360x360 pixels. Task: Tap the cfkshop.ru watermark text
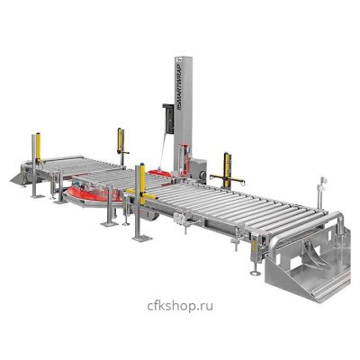(180, 306)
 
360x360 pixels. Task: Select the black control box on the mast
(168, 119)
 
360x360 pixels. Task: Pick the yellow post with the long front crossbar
(142, 185)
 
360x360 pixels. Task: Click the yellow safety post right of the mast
(227, 170)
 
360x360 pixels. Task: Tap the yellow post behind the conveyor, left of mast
(121, 141)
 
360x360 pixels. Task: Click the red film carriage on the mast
(184, 160)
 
